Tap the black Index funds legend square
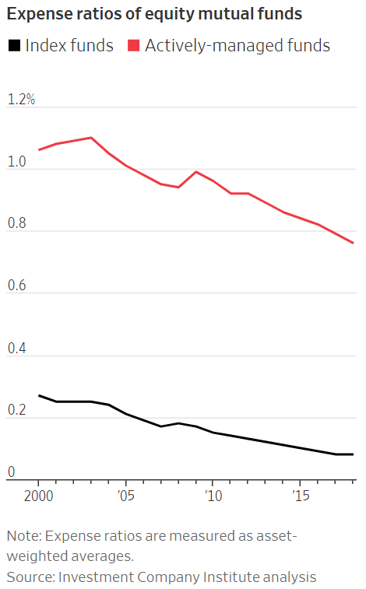tap(14, 46)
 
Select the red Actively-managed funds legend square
tap(134, 46)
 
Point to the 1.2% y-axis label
tap(22, 99)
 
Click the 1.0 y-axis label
tap(17, 162)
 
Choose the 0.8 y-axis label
tap(17, 223)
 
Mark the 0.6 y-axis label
tap(17, 286)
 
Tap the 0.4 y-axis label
tap(17, 349)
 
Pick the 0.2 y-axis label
tap(17, 410)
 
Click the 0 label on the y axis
tap(11, 472)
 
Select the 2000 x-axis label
tap(39, 496)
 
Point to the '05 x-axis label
tap(126, 496)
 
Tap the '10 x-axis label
tap(213, 496)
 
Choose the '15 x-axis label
tap(301, 496)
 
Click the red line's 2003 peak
tap(91, 138)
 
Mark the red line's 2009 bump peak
tap(195, 172)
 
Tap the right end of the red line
tap(354, 243)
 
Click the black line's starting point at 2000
tap(39, 395)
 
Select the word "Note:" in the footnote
tap(24, 536)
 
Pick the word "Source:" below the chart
tap(31, 577)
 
